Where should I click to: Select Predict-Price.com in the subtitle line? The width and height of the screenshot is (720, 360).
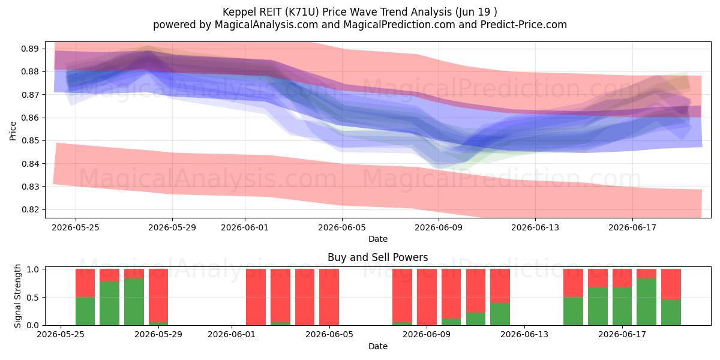(x=524, y=25)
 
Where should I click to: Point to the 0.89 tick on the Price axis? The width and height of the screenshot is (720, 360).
(x=30, y=49)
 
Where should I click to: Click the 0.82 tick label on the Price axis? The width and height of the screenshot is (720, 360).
(x=30, y=209)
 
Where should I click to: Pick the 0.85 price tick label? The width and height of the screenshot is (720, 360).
(x=30, y=141)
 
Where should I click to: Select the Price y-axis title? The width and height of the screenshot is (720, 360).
(x=13, y=131)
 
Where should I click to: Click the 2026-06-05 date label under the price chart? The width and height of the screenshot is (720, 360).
(x=342, y=227)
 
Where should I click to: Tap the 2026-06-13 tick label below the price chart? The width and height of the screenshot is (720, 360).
(x=535, y=227)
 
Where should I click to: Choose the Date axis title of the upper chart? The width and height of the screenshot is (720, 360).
(x=378, y=239)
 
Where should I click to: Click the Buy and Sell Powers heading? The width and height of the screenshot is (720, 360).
(x=378, y=257)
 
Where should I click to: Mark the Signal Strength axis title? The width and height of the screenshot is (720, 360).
(x=17, y=296)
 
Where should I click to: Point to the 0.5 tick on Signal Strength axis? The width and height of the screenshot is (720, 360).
(x=32, y=298)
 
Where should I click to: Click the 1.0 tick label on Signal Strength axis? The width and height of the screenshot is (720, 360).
(x=32, y=269)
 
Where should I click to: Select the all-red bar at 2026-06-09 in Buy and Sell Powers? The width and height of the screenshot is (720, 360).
(x=427, y=297)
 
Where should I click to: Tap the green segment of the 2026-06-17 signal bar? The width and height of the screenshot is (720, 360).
(x=646, y=302)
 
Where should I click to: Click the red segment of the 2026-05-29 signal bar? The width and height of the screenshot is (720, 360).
(x=158, y=295)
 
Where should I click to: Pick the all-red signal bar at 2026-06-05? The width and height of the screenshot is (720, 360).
(x=329, y=297)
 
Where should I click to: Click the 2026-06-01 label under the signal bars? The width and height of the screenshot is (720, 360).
(x=232, y=335)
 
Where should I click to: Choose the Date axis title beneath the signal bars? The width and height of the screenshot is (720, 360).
(x=378, y=346)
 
